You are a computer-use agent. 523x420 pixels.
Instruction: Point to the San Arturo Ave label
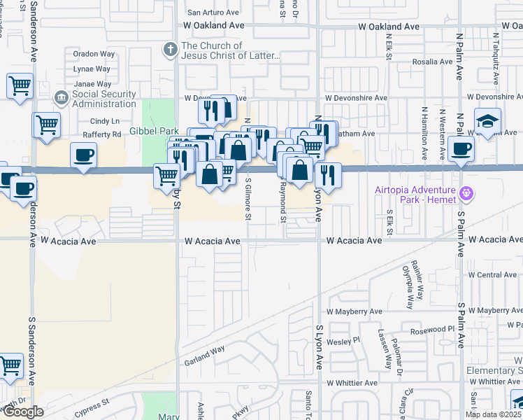pyautogui.click(x=215, y=13)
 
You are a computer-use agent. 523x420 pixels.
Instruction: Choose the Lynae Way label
pyautogui.click(x=92, y=69)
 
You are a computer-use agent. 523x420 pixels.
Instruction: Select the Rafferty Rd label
pyautogui.click(x=101, y=134)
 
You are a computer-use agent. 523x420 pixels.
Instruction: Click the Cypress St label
pyautogui.click(x=97, y=404)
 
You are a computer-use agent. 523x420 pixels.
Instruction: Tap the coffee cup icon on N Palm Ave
pyautogui.click(x=461, y=149)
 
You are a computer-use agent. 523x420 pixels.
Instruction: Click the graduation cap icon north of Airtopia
pyautogui.click(x=487, y=122)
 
